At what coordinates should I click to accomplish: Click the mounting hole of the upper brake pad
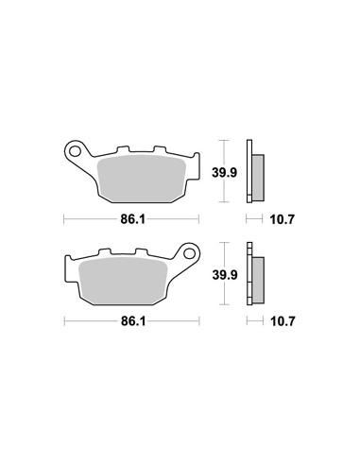(x=75, y=151)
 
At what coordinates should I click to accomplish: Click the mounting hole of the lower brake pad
(x=189, y=253)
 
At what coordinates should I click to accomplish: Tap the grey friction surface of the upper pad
(x=142, y=179)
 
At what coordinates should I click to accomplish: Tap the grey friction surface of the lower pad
(x=123, y=281)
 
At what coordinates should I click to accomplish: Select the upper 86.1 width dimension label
(x=133, y=219)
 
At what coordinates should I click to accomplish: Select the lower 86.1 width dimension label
(x=133, y=321)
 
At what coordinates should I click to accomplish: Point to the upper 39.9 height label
(x=224, y=173)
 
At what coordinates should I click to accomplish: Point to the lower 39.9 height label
(x=225, y=275)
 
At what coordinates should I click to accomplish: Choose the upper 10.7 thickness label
(x=283, y=219)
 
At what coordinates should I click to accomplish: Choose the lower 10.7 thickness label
(x=283, y=321)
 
